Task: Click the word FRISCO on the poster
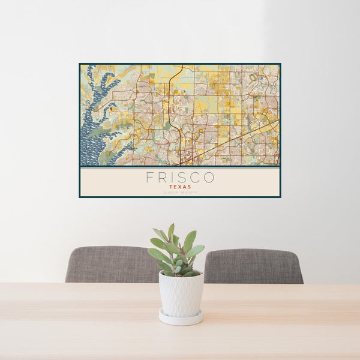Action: pyautogui.click(x=180, y=178)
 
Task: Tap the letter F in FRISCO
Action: pyautogui.click(x=149, y=178)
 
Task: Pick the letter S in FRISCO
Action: pyautogui.click(x=182, y=178)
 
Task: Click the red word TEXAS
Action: pyautogui.click(x=180, y=187)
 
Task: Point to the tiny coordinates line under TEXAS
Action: pyautogui.click(x=180, y=192)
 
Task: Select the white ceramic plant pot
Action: pyautogui.click(x=181, y=294)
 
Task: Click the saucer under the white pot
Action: pyautogui.click(x=181, y=319)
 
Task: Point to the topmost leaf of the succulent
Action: pyautogui.click(x=171, y=230)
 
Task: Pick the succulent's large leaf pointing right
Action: pyautogui.click(x=196, y=251)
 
